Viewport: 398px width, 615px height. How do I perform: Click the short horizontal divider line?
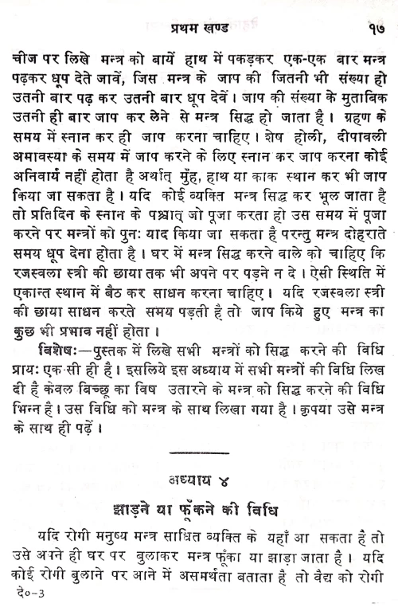click(x=199, y=451)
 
